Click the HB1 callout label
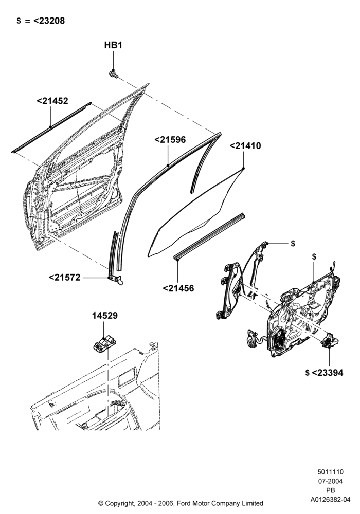[x=113, y=45]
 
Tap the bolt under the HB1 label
[x=114, y=75]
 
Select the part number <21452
[x=52, y=101]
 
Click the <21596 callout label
[x=170, y=140]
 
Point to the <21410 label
[x=245, y=146]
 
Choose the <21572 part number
[x=65, y=278]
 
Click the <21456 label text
[x=178, y=288]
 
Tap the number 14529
[x=104, y=316]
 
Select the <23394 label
[x=327, y=373]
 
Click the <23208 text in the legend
[x=49, y=21]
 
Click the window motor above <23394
[x=330, y=342]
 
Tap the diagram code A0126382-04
[x=330, y=500]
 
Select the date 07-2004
[x=331, y=481]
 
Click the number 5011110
[x=331, y=472]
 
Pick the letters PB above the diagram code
[x=331, y=490]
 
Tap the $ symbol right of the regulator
[x=293, y=244]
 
